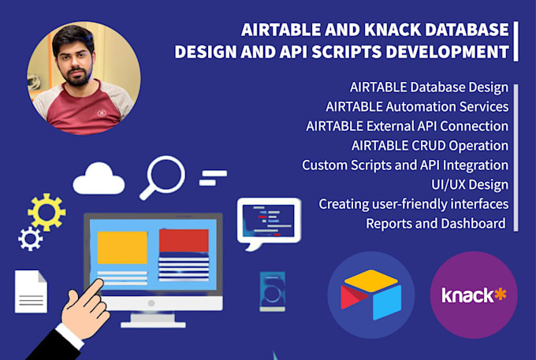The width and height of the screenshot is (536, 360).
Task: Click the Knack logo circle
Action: (x=474, y=295)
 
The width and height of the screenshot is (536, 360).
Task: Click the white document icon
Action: (x=31, y=291)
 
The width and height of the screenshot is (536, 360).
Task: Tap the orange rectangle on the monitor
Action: (x=121, y=247)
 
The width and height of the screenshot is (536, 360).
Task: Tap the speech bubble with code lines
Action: (x=269, y=220)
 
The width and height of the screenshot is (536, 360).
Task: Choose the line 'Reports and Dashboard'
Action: (x=435, y=223)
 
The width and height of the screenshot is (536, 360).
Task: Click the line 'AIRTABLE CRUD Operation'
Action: (x=430, y=145)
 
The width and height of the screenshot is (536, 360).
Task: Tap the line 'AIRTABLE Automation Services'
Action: (x=416, y=106)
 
